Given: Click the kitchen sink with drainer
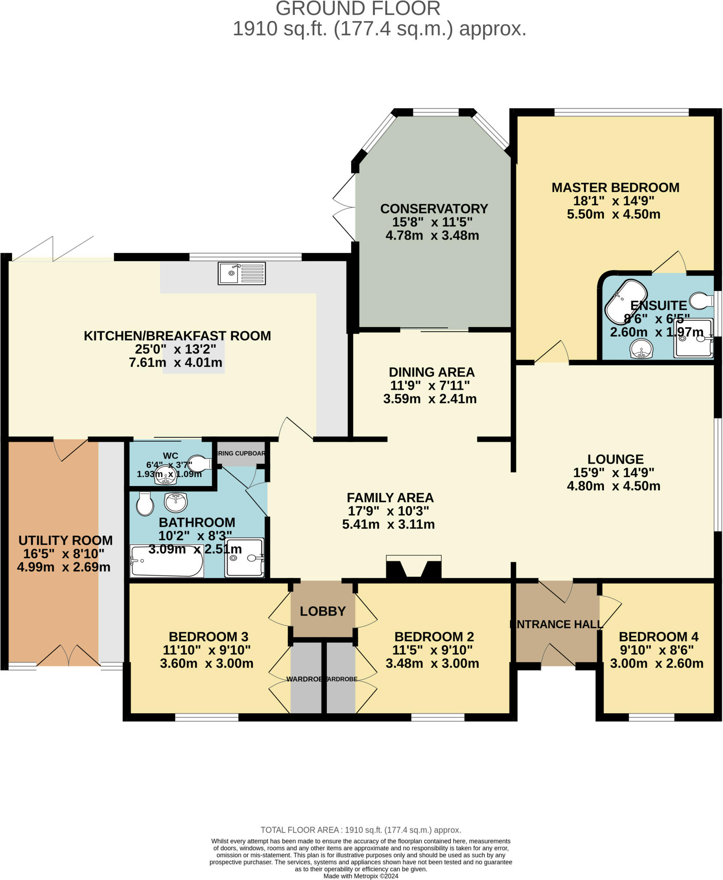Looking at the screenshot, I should (x=241, y=273).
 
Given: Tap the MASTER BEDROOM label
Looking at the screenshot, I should (x=615, y=188).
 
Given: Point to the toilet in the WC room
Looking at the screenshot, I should (x=200, y=463).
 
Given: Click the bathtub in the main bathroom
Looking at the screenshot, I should (x=167, y=561).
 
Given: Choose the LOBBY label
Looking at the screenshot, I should (x=322, y=611).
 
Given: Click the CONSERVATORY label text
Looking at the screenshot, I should (x=434, y=209).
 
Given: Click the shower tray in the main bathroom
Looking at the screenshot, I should (x=244, y=557).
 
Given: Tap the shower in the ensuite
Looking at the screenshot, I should (x=693, y=338).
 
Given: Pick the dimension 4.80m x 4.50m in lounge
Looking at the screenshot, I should (x=613, y=486).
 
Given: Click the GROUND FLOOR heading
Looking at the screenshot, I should (x=358, y=9).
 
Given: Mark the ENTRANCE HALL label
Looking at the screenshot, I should (x=556, y=624).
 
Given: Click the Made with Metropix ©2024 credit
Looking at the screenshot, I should (x=361, y=876).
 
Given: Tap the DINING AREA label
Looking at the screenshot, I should (x=431, y=372).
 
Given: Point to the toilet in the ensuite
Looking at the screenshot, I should (x=701, y=300).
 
